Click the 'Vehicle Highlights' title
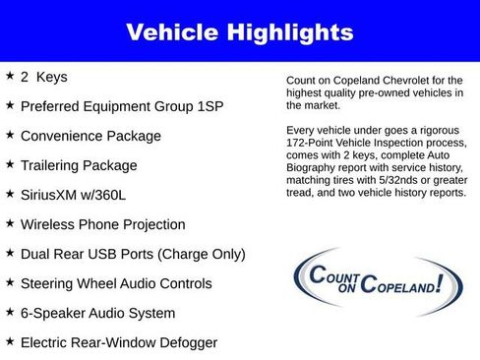(239, 31)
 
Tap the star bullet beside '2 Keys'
(10, 75)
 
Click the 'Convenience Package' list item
(90, 135)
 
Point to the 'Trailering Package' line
(79, 164)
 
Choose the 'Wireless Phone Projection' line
(102, 224)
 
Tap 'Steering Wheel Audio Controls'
(116, 283)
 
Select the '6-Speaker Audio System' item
(97, 313)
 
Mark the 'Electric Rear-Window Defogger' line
(118, 342)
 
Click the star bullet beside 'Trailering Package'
(10, 163)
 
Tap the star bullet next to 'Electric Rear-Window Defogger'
(10, 341)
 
